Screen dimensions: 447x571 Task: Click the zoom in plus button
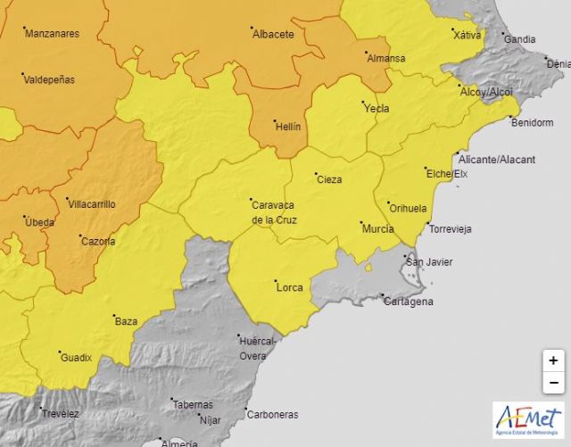click(553, 360)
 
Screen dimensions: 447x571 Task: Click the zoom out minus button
click(553, 382)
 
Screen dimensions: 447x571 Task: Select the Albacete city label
click(273, 34)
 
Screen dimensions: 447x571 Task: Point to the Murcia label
click(378, 229)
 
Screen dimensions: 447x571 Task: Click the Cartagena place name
click(408, 302)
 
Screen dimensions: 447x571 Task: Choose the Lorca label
click(289, 287)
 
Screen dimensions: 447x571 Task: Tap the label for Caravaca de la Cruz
click(274, 212)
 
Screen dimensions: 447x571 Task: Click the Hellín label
click(287, 127)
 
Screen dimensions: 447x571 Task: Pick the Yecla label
click(377, 108)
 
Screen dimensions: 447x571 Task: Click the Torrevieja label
click(450, 229)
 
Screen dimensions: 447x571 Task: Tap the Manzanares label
click(52, 34)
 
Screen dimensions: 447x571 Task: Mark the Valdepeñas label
click(49, 79)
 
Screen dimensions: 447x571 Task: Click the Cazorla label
click(97, 241)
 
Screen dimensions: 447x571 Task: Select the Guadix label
click(76, 358)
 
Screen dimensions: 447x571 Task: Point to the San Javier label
click(429, 261)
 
